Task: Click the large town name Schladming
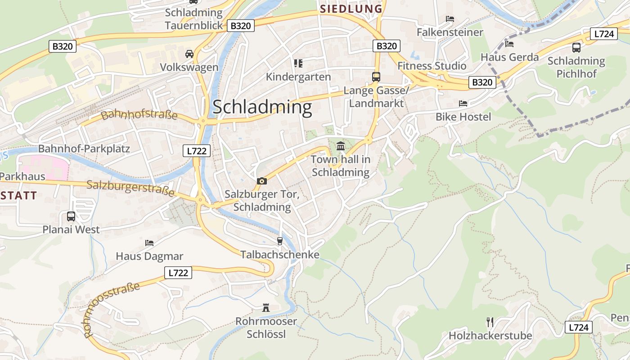pos(262,108)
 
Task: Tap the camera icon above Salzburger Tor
pos(261,181)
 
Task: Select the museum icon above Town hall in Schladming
pos(341,146)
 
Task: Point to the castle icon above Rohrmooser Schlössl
pos(266,308)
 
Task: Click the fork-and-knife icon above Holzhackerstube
pos(490,322)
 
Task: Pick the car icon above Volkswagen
pos(189,54)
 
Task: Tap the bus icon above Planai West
pos(71,216)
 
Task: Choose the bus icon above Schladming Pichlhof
pos(576,47)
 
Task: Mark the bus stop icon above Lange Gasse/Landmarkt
pos(376,76)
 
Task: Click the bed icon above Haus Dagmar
pos(149,243)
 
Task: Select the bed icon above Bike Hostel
pos(463,103)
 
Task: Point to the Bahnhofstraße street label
pos(139,115)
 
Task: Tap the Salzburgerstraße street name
pos(130,188)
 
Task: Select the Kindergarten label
pos(298,77)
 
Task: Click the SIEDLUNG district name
pos(351,9)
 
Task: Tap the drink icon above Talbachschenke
pos(279,241)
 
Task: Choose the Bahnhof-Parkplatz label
pos(84,148)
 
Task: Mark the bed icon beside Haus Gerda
pos(509,44)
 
